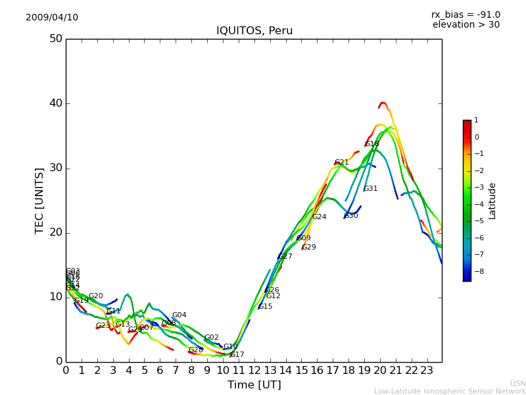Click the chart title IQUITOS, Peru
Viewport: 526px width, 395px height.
pos(254,31)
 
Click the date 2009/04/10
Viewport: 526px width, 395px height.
pos(52,18)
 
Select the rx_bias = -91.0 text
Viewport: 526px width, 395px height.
pos(466,15)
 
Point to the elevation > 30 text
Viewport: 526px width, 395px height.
pos(466,25)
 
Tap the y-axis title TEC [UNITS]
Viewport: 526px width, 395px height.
pos(39,200)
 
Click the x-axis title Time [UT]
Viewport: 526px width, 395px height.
pos(254,385)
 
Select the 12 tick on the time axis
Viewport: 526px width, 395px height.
pos(254,371)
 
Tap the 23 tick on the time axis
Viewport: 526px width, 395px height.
pos(427,371)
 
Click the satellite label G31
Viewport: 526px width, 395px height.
pos(370,189)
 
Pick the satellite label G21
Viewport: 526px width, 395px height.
pos(342,163)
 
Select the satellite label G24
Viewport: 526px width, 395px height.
pos(319,217)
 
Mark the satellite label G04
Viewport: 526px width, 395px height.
pos(179,315)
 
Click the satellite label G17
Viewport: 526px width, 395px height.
pos(237,355)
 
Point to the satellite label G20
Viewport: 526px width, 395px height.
pos(95,296)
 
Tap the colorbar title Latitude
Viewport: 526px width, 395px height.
pos(492,201)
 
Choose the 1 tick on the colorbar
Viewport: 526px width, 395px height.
pos(476,120)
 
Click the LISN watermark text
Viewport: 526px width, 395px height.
pos(517,383)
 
